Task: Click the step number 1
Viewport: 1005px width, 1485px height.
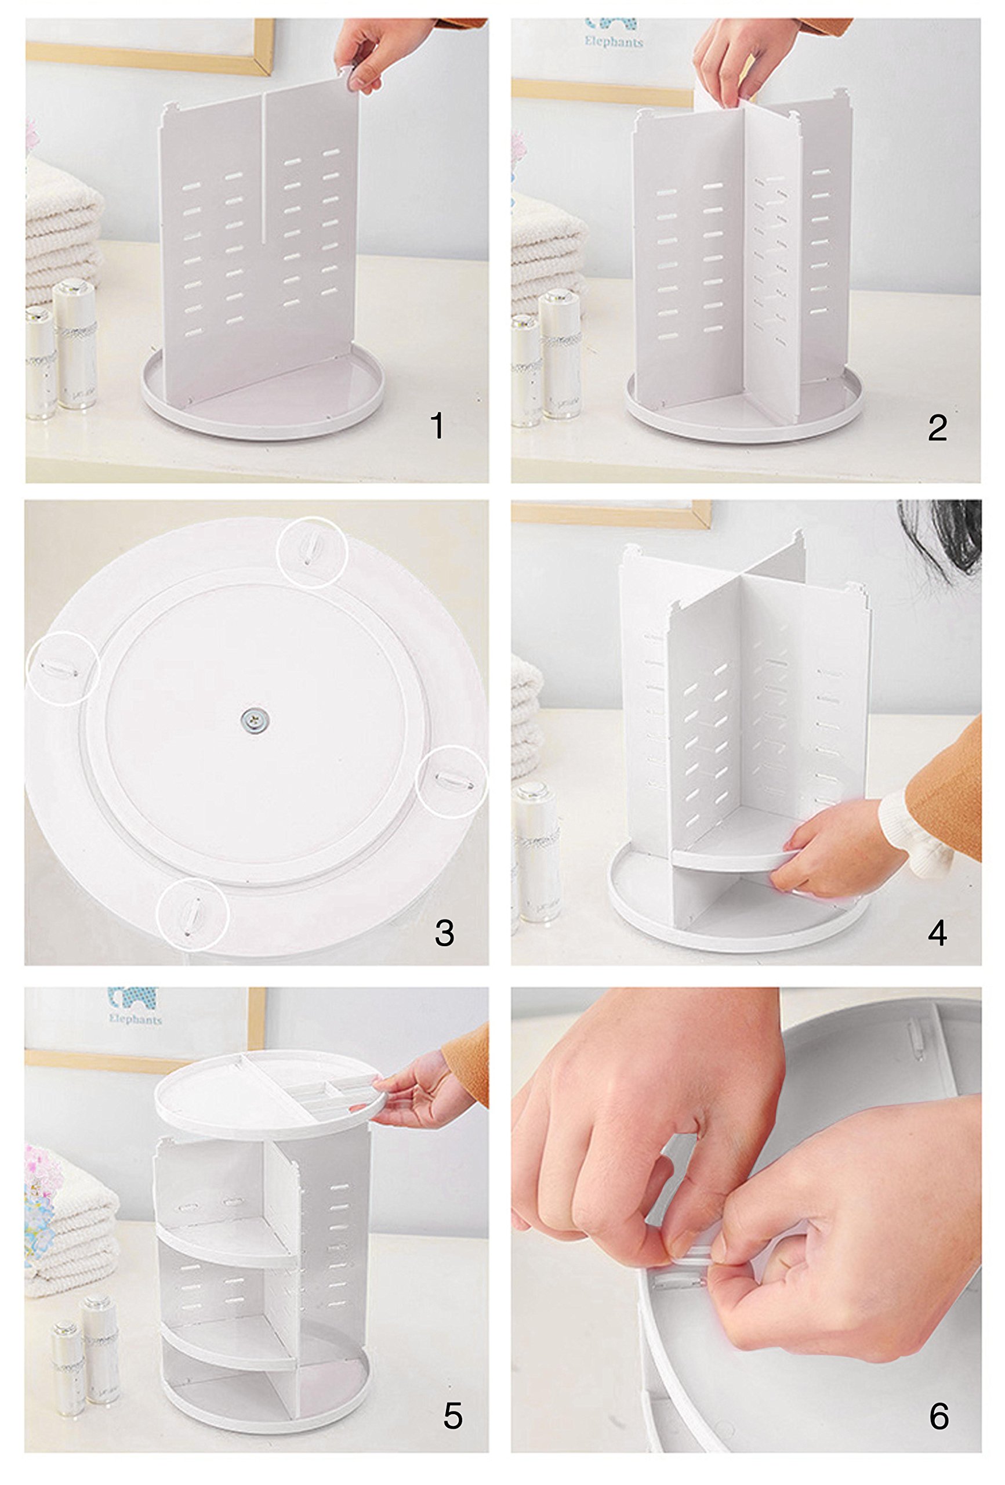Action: [x=437, y=426]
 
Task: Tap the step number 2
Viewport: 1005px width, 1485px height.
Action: [x=937, y=428]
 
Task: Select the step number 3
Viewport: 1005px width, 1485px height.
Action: [x=444, y=933]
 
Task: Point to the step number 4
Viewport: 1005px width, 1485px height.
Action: [x=937, y=933]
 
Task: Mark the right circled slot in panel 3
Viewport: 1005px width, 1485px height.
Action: [x=451, y=781]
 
